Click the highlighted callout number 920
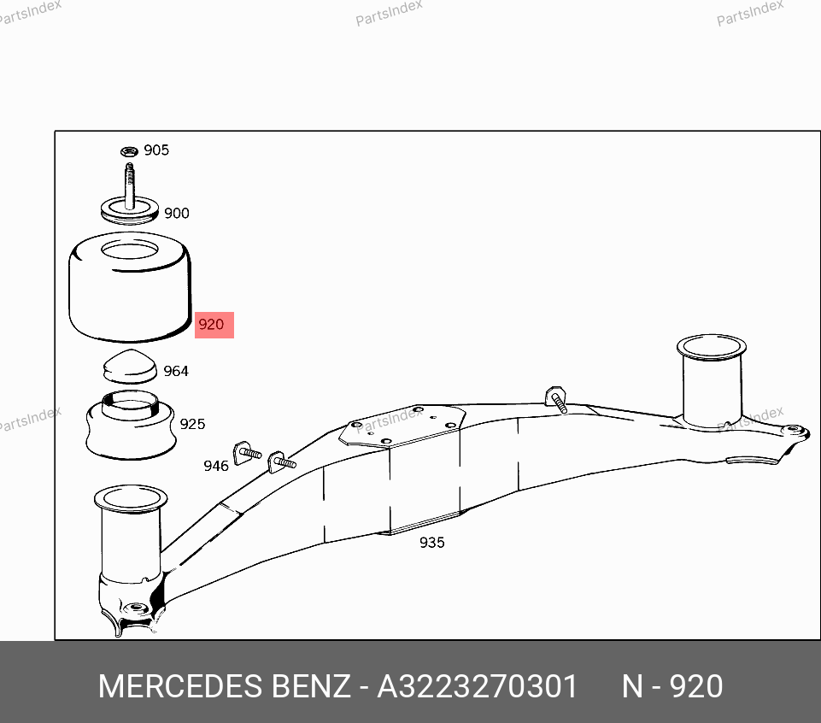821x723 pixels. coord(211,325)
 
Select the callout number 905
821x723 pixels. coord(156,150)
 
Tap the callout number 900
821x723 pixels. coord(177,214)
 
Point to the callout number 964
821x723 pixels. coord(176,371)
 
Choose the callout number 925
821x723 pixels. coord(192,424)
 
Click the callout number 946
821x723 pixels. coord(216,466)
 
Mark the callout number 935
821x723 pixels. coord(432,542)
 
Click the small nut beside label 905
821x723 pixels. coord(129,151)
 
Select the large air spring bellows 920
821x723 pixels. coord(130,286)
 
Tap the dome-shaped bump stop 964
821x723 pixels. coord(130,367)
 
